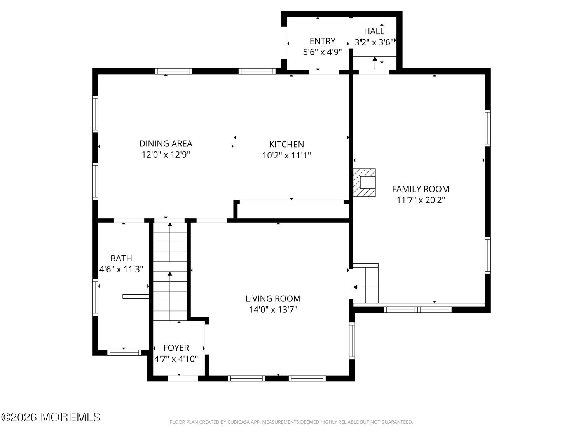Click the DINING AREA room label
(x=166, y=144)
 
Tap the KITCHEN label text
(x=286, y=145)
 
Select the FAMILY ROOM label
(x=421, y=189)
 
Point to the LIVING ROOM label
(x=273, y=299)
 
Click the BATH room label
(x=121, y=258)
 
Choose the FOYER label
(x=176, y=348)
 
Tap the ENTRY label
(x=322, y=41)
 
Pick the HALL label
(x=374, y=31)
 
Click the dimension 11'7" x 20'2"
(x=421, y=200)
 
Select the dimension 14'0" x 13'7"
(x=273, y=310)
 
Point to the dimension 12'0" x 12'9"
(x=166, y=155)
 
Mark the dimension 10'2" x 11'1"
(x=286, y=155)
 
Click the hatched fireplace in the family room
(x=364, y=183)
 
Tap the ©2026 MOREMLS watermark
(x=51, y=417)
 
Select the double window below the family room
(x=417, y=310)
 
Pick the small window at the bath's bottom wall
(x=124, y=353)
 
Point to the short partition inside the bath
(x=136, y=297)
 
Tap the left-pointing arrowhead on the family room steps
(x=355, y=287)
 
